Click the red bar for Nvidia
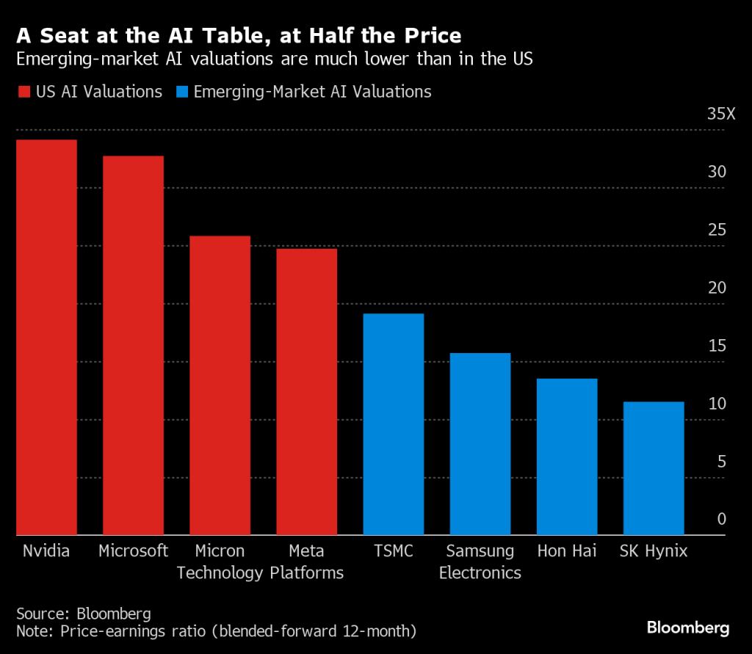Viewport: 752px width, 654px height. [46, 337]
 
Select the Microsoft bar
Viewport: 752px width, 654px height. [133, 345]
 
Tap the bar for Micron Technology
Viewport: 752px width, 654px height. [220, 385]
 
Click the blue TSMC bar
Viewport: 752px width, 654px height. [393, 424]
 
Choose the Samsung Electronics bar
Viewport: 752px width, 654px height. [480, 443]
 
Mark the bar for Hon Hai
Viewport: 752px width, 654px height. [566, 457]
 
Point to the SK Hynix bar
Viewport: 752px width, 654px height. [653, 468]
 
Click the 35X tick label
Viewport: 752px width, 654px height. [720, 115]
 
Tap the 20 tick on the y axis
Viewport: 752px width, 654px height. [716, 288]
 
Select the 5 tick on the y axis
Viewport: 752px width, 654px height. [721, 462]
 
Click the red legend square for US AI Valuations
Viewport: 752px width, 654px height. [23, 92]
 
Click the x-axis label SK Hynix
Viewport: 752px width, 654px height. [654, 551]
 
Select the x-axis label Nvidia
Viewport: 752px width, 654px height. [46, 551]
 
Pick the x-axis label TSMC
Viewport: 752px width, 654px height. [393, 551]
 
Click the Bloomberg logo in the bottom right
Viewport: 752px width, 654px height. [688, 628]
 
